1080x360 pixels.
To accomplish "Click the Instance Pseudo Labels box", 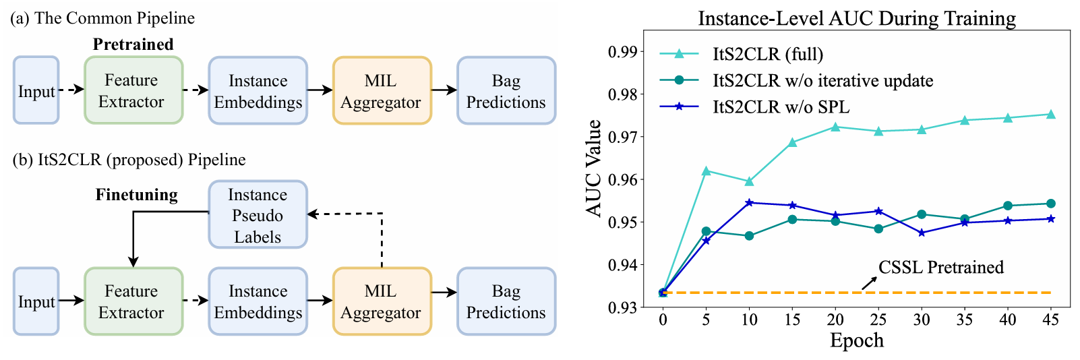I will click(258, 215).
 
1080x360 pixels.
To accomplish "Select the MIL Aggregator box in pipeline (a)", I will click(382, 90).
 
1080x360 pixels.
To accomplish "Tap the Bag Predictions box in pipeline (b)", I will click(506, 301).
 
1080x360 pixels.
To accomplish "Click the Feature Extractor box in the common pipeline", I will click(133, 90).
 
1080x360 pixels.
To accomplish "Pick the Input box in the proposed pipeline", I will click(36, 301).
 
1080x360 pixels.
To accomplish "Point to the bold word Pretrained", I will click(133, 44).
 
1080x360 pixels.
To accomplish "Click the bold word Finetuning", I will click(137, 195).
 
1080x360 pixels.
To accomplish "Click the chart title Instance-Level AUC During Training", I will click(857, 18).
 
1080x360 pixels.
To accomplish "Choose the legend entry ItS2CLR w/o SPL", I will click(781, 107).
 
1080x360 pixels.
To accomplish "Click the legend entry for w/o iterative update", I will click(822, 81).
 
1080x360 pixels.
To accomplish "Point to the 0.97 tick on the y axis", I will click(622, 137).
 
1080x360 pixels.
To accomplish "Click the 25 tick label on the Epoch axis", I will click(878, 320).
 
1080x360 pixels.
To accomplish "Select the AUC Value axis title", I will click(594, 168).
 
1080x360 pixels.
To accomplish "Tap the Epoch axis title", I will click(856, 340).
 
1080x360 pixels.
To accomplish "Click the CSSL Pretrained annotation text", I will click(940, 268).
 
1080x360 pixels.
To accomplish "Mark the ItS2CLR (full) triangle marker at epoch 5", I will click(706, 171).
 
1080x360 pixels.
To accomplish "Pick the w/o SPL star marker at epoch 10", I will click(749, 202).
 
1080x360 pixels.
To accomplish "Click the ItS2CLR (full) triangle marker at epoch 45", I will click(1050, 115).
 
